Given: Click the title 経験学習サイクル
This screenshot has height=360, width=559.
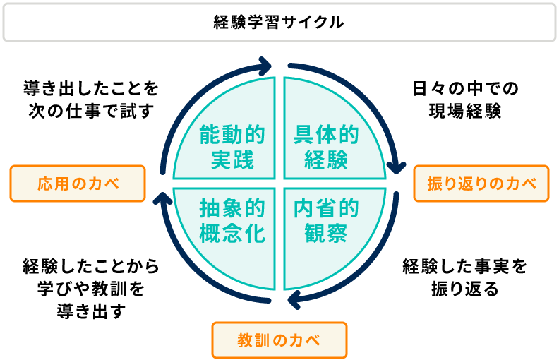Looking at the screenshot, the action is (279, 23).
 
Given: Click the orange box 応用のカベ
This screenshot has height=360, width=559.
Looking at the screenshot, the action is (78, 184).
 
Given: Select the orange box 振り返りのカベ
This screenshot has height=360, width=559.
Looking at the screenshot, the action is (481, 184).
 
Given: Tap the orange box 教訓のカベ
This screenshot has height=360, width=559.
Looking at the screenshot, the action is (279, 340).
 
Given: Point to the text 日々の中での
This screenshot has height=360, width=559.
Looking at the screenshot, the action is (465, 88).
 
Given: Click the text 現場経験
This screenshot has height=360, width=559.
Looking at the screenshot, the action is (465, 111).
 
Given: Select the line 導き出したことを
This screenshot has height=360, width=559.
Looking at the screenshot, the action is (91, 88).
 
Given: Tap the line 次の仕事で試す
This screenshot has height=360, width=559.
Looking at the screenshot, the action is (91, 111).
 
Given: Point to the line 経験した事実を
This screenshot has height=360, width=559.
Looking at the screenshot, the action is (465, 266).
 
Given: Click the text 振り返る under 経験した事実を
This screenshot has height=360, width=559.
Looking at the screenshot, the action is (465, 289).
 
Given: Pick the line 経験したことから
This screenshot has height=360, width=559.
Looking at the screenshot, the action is (91, 266).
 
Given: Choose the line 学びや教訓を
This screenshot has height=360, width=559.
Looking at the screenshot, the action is (91, 289).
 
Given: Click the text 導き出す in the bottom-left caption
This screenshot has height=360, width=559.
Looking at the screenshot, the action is (91, 311).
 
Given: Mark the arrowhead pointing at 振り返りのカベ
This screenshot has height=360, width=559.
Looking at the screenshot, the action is (397, 168).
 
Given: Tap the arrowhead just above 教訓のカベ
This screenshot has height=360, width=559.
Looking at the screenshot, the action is (294, 299).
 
